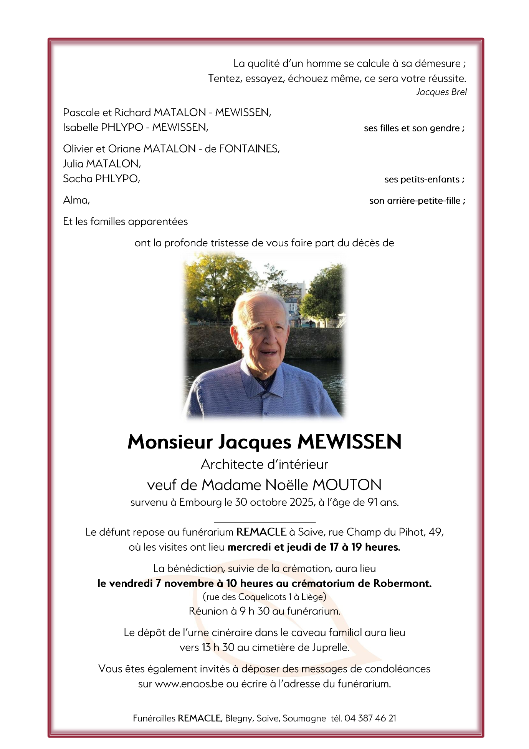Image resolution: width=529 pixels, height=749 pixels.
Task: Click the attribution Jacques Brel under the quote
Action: [x=441, y=92]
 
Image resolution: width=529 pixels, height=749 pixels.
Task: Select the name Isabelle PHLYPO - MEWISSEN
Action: [x=136, y=128]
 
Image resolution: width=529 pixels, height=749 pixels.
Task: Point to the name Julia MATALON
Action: [x=102, y=164]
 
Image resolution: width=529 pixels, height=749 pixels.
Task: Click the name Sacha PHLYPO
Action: [x=101, y=179]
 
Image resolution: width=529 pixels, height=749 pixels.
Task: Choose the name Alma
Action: [x=76, y=200]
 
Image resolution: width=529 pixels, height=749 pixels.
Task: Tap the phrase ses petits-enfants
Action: [x=424, y=179]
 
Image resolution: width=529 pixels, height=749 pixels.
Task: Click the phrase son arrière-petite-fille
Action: [x=417, y=201]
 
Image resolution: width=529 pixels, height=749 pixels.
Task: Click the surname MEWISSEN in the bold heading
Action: [x=349, y=442]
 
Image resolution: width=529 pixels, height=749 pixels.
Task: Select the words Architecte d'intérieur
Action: [x=264, y=465]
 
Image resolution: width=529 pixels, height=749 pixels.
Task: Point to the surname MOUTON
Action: [x=347, y=485]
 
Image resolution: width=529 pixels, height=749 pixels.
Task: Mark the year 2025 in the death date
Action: [x=302, y=502]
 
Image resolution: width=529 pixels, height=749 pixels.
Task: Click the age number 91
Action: [x=372, y=502]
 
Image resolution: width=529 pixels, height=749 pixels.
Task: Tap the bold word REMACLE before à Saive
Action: [x=261, y=532]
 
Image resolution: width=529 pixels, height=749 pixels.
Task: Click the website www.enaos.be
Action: [x=189, y=684]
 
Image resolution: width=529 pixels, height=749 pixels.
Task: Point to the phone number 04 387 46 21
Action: [x=370, y=718]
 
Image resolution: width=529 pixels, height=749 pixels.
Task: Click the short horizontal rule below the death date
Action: [x=264, y=522]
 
